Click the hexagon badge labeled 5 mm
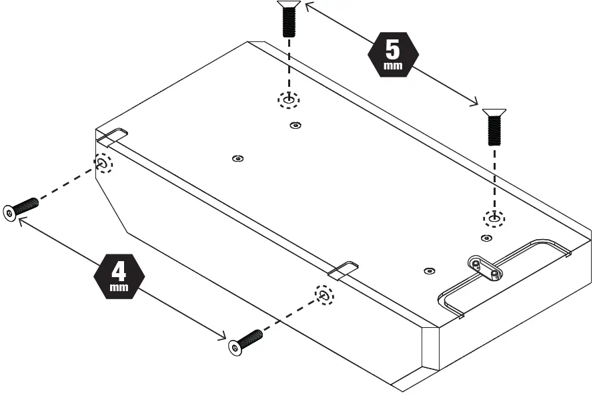[x=393, y=54]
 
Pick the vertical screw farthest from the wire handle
[x=288, y=19]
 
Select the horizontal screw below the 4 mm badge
[x=245, y=341]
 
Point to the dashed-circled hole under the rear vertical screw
[x=289, y=100]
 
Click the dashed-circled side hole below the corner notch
[x=103, y=164]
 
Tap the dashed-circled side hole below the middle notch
[x=324, y=294]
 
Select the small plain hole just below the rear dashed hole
[x=295, y=125]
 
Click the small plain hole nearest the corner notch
[x=237, y=158]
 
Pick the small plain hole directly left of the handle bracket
[x=429, y=270]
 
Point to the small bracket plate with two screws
[x=485, y=268]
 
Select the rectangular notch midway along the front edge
[x=344, y=269]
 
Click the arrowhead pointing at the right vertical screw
[x=474, y=102]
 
